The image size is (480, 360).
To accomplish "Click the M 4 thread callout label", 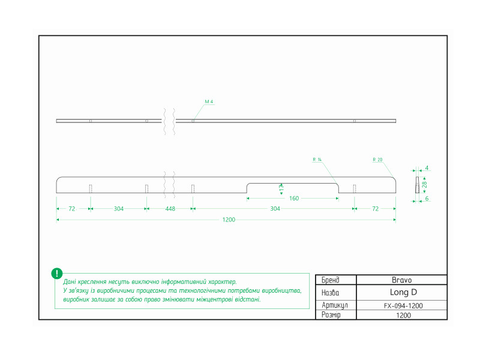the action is pos(209,101).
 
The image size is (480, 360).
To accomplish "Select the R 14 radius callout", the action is pos(317,160).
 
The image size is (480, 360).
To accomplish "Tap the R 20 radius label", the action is pos(377,160).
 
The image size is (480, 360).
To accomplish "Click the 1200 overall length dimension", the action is pos(229,220).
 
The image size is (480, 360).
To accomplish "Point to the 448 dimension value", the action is pos(170,209).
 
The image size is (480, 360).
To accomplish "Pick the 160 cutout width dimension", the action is pos(294,199).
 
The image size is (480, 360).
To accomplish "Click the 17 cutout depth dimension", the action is pos(281,188).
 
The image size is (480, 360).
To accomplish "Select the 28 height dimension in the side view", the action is pos(424,185).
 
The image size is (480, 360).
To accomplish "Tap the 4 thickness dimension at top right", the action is pos(427,168).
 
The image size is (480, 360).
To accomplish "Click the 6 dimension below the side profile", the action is pos(427,199).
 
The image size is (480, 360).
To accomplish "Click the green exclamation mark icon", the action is pos(57,274).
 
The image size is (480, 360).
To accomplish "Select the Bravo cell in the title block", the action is pos(401,280).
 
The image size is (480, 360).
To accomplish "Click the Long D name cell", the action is pos(403,292).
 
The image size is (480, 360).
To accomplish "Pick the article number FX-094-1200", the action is pos(403,305).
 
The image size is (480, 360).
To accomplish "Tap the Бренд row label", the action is pos(331,280).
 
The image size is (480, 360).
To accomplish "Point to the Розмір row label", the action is pos(331,314).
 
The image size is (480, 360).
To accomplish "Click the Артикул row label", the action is pos(335,305).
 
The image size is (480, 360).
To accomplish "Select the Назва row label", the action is pos(331,293).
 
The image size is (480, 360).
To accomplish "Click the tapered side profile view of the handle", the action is pos(417,185).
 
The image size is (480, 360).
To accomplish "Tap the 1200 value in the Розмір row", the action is pos(403,316).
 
